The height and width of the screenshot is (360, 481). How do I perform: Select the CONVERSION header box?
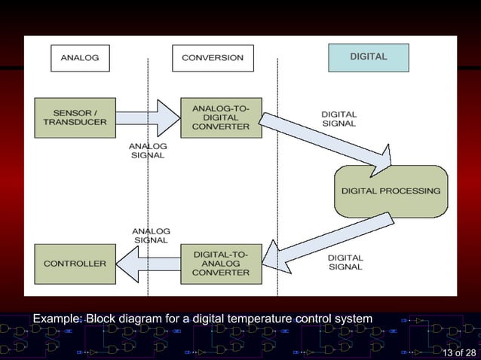pos(213,57)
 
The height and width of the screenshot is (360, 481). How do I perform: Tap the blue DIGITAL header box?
pos(368,57)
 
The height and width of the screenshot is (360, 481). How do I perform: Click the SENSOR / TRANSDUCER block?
pos(75,117)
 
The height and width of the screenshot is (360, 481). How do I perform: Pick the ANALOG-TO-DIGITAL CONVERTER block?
pos(220,117)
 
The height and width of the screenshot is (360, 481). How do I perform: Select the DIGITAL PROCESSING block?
pos(391,191)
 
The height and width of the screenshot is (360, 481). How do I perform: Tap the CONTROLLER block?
pos(75,264)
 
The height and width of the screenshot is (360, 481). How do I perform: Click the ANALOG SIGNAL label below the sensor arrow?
pos(149,151)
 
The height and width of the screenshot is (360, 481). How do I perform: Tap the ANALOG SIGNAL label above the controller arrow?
pos(151,235)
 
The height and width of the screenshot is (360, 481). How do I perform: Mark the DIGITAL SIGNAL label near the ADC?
pos(339,119)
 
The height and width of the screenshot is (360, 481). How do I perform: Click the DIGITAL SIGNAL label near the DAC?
pos(345,262)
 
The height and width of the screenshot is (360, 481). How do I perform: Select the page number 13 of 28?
pos(459,353)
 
